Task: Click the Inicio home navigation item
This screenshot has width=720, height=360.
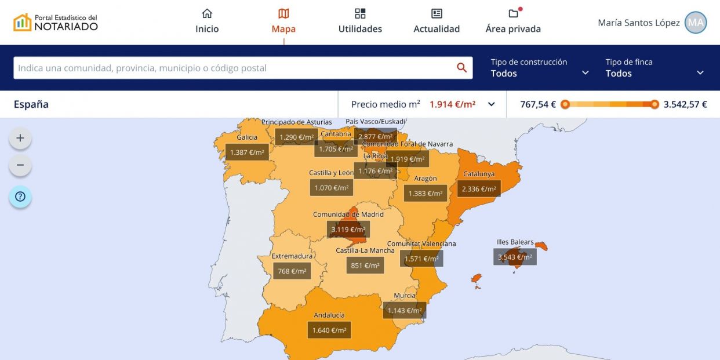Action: (x=207, y=21)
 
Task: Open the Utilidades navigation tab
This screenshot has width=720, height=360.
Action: (x=360, y=21)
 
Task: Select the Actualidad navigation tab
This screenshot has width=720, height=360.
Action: (x=437, y=21)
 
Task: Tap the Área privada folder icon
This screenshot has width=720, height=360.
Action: (x=513, y=14)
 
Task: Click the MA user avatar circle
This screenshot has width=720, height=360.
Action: (x=696, y=23)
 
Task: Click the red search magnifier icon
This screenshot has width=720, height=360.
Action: (x=461, y=68)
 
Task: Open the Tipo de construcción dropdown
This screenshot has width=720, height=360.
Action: (x=539, y=68)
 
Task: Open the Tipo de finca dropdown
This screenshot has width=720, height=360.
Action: (x=654, y=68)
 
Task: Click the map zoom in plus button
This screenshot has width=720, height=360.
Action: (x=20, y=138)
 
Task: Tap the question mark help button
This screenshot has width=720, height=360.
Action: (x=20, y=197)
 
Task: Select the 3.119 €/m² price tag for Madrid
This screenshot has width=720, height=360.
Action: (x=348, y=230)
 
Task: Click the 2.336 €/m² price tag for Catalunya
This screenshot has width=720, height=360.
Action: (x=479, y=188)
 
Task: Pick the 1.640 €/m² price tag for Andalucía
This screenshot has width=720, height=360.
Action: (x=329, y=330)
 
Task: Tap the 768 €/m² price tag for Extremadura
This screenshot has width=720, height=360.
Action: (x=292, y=271)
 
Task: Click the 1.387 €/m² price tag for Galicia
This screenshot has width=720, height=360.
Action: (x=247, y=152)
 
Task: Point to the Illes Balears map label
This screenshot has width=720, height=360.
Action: (x=515, y=242)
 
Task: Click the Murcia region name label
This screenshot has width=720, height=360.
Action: (x=405, y=296)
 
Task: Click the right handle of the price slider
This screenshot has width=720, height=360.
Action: (x=654, y=104)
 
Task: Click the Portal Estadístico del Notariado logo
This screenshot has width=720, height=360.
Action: (x=56, y=23)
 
